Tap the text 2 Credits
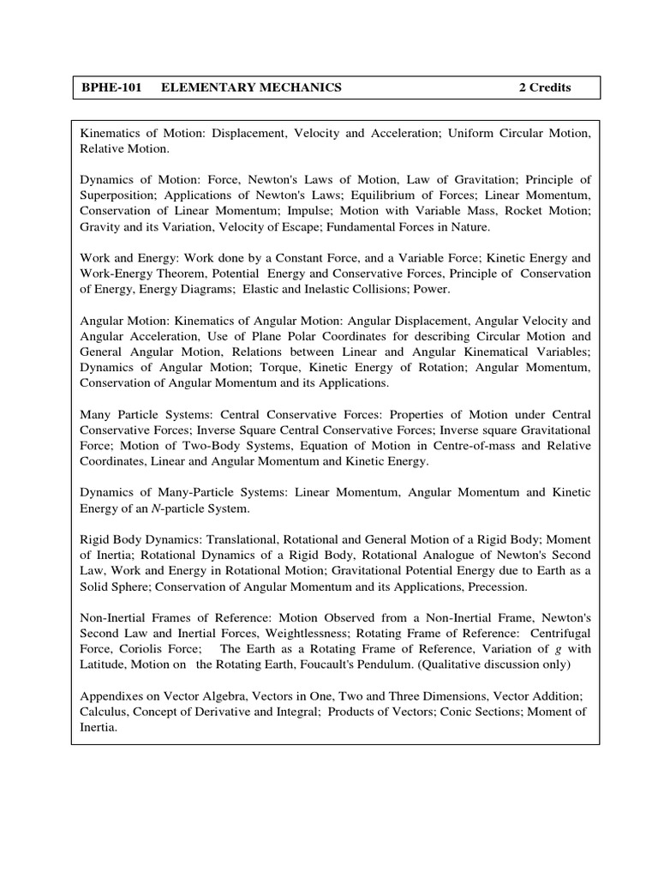pyautogui.click(x=545, y=87)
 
